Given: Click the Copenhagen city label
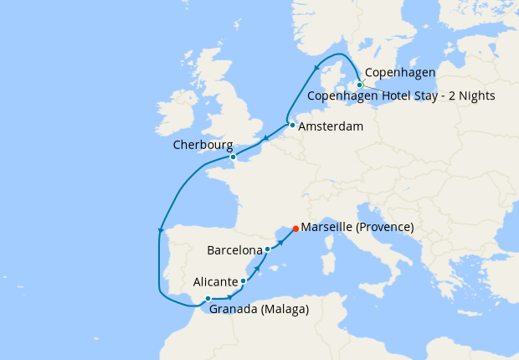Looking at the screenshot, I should (401, 74).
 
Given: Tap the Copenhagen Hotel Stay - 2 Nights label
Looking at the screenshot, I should (402, 95).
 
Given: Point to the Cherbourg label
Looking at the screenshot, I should (203, 145).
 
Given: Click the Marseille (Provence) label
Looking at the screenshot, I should (357, 227).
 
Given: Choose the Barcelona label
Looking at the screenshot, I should (234, 249).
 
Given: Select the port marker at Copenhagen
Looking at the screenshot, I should (360, 85).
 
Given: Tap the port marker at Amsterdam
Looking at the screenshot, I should (292, 126).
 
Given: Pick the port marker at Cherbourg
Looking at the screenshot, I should (233, 157).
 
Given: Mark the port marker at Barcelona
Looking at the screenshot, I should (267, 249).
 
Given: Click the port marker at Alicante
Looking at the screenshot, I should (244, 281).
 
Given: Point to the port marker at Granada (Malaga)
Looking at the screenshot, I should (208, 299).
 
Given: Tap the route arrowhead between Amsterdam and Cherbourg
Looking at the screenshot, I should (265, 140).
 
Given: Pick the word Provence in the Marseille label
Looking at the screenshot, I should (382, 227).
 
